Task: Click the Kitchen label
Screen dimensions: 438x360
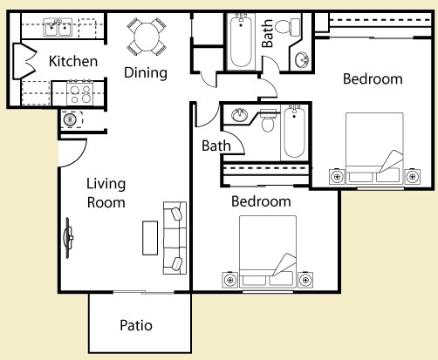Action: (x=73, y=61)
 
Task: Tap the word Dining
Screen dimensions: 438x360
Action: (x=146, y=72)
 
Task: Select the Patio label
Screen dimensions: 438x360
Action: (x=136, y=325)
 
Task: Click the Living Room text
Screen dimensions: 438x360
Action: (x=106, y=193)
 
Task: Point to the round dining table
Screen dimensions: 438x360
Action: (x=147, y=37)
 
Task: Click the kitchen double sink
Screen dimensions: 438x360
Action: (x=58, y=28)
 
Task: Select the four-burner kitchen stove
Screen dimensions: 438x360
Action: (x=80, y=93)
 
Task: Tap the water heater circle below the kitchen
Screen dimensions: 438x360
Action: (x=70, y=119)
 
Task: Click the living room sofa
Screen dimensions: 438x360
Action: (x=175, y=238)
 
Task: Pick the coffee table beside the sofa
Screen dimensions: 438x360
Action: (x=150, y=238)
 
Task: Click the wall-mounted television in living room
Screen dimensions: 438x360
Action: (x=68, y=238)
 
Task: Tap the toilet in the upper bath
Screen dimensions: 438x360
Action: (x=287, y=27)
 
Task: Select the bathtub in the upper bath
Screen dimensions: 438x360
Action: (x=241, y=42)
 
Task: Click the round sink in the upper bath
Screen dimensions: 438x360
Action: (x=302, y=60)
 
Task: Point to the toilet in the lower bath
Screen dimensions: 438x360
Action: (x=268, y=120)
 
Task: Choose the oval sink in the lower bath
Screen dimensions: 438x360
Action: (x=240, y=115)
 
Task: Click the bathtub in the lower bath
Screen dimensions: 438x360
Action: (x=294, y=132)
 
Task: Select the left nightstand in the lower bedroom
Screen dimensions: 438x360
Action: (x=230, y=280)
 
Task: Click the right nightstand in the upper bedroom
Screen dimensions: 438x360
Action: (x=412, y=176)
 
